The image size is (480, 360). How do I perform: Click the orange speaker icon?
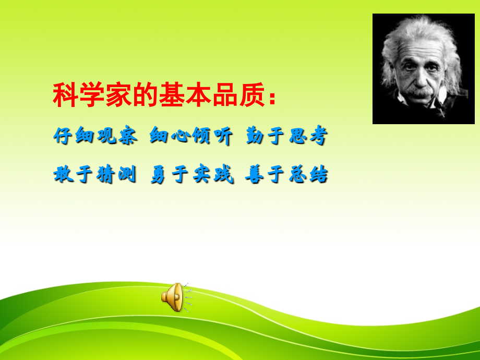tap(173, 298)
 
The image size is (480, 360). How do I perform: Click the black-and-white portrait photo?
tap(423, 69)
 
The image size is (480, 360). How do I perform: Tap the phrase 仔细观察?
tap(95, 137)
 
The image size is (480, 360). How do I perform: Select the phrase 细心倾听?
tap(190, 137)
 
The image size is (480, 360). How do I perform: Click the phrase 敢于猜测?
tap(95, 175)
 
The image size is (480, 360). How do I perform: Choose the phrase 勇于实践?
tap(190, 175)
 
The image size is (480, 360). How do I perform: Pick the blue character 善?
tap(254, 175)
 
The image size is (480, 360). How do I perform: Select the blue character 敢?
tap(63, 175)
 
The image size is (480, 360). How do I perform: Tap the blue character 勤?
tap(254, 137)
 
